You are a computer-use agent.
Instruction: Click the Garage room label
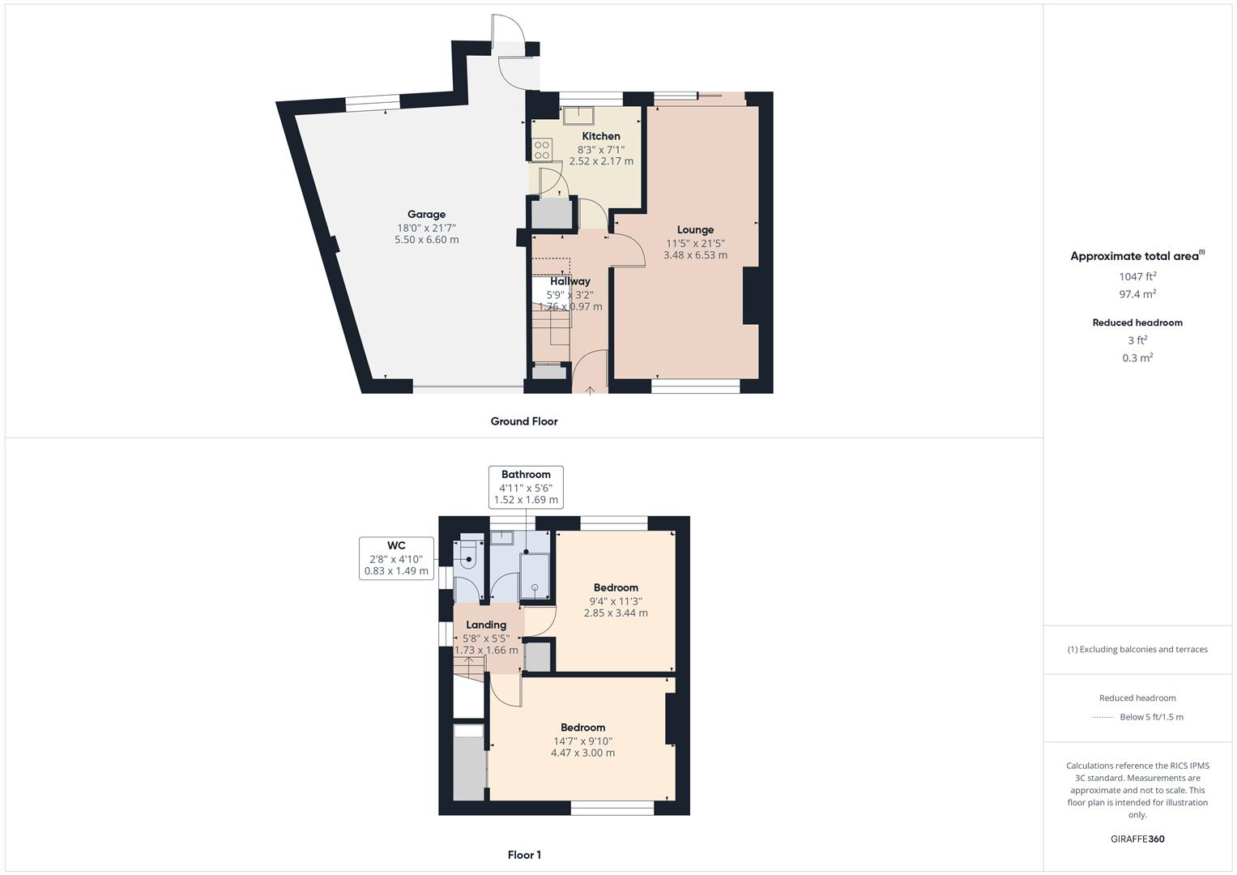(426, 215)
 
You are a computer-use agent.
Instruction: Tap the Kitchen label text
(601, 136)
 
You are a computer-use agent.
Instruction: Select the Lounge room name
(695, 230)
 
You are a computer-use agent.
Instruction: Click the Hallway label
(570, 281)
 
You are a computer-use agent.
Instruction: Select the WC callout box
(396, 558)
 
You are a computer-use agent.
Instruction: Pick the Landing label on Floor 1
(486, 625)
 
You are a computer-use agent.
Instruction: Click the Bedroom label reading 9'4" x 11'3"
(616, 588)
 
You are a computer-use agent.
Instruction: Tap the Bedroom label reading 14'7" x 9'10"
(582, 728)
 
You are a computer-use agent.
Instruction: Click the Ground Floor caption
(524, 421)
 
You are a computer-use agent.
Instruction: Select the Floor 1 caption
(524, 855)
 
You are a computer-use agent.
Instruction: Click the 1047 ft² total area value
(1137, 276)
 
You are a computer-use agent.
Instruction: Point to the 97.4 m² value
(1137, 294)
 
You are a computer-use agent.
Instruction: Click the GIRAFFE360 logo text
(1137, 839)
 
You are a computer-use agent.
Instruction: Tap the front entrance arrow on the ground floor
(591, 391)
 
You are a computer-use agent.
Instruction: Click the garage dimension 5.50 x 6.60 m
(426, 240)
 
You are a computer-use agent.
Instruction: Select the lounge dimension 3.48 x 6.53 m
(695, 255)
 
